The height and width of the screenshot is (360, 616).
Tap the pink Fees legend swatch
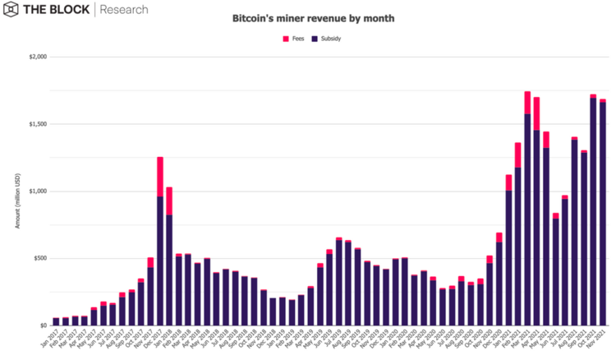286,39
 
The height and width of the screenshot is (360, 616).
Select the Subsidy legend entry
323,39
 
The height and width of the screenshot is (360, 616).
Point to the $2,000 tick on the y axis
37,57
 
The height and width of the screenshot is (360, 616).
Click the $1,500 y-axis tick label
37,124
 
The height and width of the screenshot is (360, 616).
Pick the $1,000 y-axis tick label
37,192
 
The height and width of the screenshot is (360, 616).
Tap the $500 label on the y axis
39,258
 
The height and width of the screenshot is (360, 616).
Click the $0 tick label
43,325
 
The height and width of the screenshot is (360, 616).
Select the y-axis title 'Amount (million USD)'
17,191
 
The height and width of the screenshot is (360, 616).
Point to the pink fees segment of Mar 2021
527,102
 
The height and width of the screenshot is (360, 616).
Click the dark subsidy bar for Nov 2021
603,214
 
